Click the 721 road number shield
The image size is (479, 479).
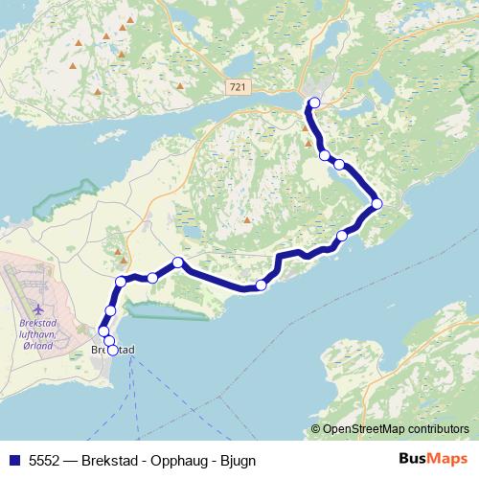click(x=238, y=87)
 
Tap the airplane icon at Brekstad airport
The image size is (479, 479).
click(x=37, y=309)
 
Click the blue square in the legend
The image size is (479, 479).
click(x=12, y=460)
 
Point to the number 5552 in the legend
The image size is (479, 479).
click(x=45, y=460)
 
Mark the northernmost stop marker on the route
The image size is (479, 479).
click(x=313, y=103)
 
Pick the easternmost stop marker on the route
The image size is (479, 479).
click(x=376, y=203)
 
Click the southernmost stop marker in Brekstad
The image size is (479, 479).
click(x=113, y=350)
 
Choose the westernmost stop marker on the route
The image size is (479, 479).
click(x=103, y=331)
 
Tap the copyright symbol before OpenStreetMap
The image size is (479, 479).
click(x=316, y=428)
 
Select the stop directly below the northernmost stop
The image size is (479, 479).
click(x=325, y=155)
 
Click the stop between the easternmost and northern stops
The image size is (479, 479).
click(x=339, y=164)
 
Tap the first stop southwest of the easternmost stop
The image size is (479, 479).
click(x=342, y=236)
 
